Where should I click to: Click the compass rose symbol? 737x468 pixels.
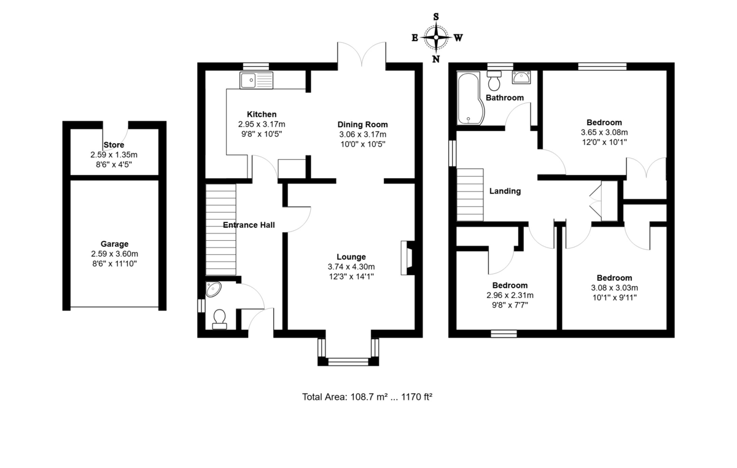(436, 37)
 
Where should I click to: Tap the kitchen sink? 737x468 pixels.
(257, 80)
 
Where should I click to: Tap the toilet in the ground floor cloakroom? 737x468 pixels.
(219, 318)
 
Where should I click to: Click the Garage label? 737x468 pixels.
(115, 244)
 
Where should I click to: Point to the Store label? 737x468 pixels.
(114, 145)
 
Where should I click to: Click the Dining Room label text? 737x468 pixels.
(363, 125)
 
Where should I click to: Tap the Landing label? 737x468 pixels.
(505, 191)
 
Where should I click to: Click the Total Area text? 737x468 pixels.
(367, 397)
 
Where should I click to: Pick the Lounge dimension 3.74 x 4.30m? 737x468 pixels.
(351, 267)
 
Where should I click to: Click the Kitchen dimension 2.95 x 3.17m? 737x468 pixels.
(262, 124)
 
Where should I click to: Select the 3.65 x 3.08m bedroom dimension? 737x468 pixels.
(604, 132)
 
